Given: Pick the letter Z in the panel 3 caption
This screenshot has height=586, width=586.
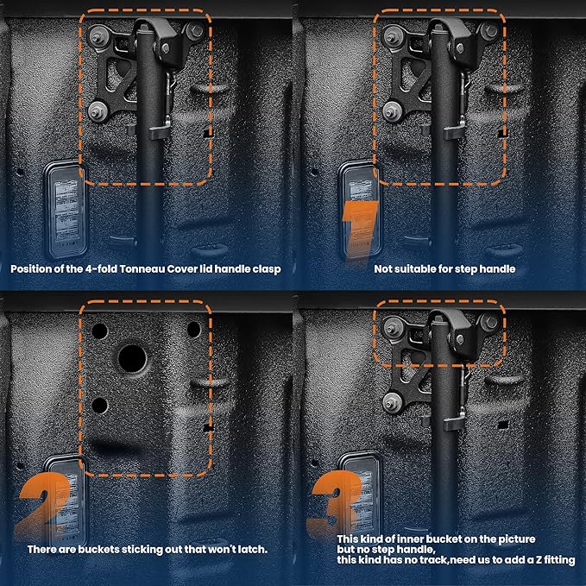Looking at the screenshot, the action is click(538, 560).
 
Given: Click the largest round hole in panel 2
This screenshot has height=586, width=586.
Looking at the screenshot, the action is click(132, 359).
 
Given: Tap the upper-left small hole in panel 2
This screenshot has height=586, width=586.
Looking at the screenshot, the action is click(100, 331).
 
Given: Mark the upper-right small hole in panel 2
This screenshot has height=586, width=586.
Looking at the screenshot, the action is click(193, 330).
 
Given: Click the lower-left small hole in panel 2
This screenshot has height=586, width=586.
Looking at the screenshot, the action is click(100, 406).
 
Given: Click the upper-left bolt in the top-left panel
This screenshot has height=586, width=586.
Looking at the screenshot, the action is click(98, 36).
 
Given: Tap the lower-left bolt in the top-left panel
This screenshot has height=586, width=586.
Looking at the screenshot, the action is click(97, 111).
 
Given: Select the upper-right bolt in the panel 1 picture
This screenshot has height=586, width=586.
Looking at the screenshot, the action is click(489, 31).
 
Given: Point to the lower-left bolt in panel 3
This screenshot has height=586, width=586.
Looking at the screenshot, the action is click(391, 403).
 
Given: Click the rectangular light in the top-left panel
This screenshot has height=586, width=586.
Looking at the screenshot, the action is click(66, 210).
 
